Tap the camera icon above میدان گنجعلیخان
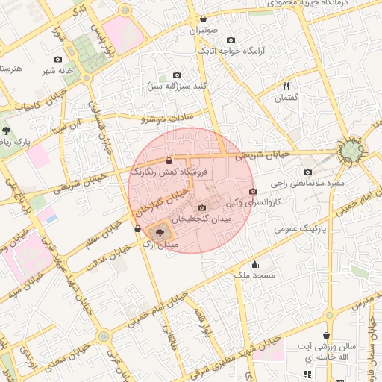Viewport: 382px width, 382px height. (201, 207)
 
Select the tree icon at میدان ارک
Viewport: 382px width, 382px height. (160, 233)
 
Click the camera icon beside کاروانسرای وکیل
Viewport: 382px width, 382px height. (252, 191)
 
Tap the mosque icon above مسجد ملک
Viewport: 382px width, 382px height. (254, 264)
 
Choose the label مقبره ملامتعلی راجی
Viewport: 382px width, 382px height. (308, 183)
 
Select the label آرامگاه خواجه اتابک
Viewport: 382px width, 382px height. (232, 52)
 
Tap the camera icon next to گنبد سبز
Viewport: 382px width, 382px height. (177, 75)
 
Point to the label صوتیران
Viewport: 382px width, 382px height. (204, 31)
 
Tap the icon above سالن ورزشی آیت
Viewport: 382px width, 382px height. (326, 336)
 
